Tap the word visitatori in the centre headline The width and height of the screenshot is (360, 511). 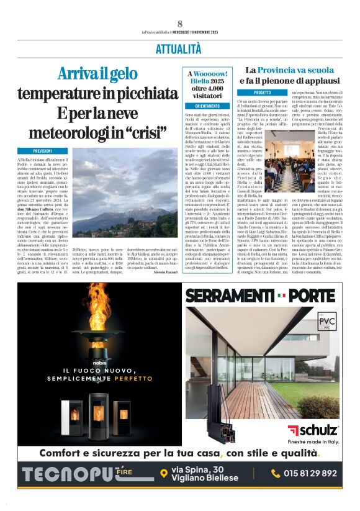208,97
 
